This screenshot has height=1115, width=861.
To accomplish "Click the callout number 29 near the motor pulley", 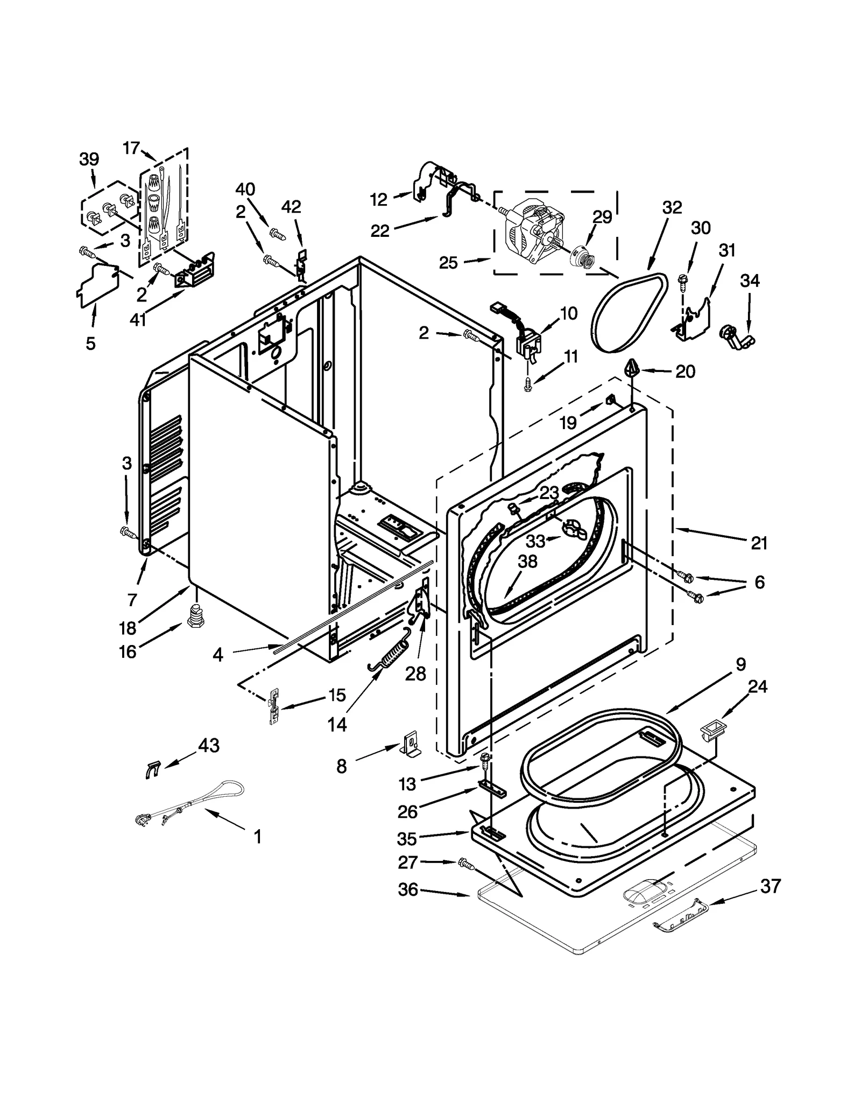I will [602, 217].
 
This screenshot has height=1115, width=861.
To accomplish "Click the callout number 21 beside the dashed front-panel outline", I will [759, 543].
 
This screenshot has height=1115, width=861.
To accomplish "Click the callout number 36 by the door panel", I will [408, 889].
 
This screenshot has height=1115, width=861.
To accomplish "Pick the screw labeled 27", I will [465, 864].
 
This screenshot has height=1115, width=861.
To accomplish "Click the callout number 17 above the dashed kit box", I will [131, 148].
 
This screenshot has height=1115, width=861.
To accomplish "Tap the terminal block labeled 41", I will [193, 274].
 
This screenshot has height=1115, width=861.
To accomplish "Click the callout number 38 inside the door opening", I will [527, 562].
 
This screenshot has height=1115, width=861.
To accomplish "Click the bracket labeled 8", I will [412, 746].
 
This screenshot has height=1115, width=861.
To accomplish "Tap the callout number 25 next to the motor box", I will [448, 263].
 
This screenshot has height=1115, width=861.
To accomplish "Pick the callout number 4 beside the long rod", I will [217, 655].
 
